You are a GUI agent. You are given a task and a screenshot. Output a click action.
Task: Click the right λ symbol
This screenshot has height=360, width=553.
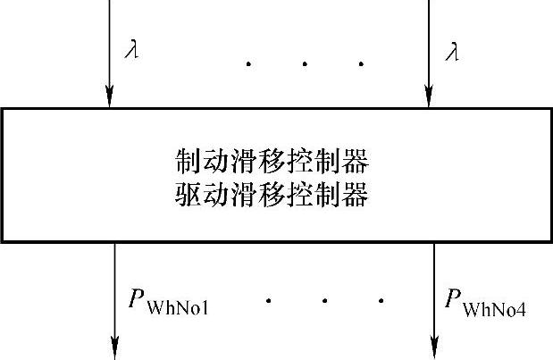point(452,51)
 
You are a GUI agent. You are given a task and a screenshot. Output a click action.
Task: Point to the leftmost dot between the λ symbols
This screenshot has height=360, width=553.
point(248,63)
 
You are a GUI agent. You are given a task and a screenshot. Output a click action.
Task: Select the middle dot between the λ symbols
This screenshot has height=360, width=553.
point(305,63)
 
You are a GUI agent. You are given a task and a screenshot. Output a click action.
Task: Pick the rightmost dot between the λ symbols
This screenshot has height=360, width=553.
point(361,63)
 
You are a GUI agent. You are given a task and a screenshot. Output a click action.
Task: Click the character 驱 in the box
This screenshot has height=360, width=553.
point(189,194)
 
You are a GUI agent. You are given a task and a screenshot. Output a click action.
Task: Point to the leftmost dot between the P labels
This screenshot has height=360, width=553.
point(269,300)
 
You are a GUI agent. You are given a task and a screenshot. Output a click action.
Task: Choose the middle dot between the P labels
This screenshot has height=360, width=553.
point(324,300)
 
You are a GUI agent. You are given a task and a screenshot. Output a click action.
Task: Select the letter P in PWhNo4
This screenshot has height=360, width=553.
point(454,298)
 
